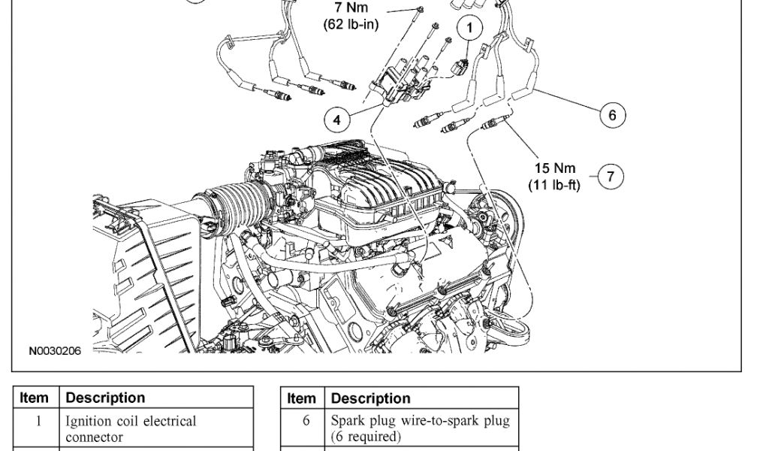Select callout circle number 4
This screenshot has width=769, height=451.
tap(337, 119)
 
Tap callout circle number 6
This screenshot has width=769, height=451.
tap(612, 114)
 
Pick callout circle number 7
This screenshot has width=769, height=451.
tap(611, 177)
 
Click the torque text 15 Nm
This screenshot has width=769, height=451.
tap(555, 168)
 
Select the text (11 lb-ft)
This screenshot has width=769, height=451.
tap(555, 184)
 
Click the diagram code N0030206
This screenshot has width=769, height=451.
tap(55, 350)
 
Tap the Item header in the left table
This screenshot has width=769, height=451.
tap(35, 398)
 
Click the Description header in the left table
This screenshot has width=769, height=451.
tap(106, 398)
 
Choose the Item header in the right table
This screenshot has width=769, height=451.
tap(301, 398)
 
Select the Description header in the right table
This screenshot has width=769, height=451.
tap(371, 398)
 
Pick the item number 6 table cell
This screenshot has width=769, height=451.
tap(306, 422)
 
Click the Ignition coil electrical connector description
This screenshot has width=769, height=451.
tap(130, 428)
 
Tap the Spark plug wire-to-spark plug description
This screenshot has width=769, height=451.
tap(420, 428)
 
